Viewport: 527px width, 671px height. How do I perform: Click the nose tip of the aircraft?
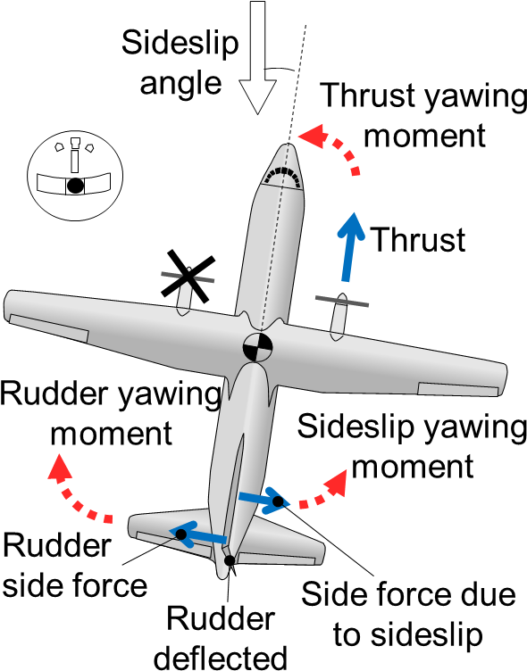(x=289, y=146)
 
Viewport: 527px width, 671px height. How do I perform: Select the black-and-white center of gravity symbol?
(x=257, y=347)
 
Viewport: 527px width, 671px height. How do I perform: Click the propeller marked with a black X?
(x=188, y=276)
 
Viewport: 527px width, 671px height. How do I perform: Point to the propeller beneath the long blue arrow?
(x=341, y=302)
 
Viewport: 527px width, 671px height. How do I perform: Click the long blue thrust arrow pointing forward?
(x=350, y=245)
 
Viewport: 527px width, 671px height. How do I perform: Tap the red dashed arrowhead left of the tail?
(x=59, y=467)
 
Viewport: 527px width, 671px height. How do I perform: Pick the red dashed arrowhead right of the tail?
(x=336, y=483)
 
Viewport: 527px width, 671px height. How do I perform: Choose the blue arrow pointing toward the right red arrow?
(x=263, y=499)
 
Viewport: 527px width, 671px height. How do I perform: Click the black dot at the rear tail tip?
(x=230, y=560)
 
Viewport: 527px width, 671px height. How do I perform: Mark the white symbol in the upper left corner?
(x=74, y=158)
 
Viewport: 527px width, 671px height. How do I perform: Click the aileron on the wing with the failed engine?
(x=49, y=327)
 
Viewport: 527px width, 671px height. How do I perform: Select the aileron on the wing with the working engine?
(x=457, y=389)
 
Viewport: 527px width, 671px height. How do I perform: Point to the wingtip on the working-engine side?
(x=503, y=378)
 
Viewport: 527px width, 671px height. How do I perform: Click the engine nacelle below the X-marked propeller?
(x=184, y=299)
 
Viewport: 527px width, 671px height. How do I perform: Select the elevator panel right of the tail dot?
(x=276, y=559)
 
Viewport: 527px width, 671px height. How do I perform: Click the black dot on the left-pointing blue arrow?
(x=181, y=534)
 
